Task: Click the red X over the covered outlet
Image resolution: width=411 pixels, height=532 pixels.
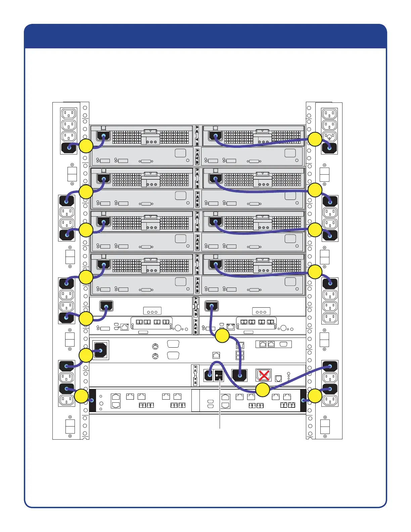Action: [x=264, y=375]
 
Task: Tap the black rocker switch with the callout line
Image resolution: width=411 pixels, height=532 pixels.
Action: [x=219, y=375]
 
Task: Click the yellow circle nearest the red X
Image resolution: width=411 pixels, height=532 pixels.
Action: [x=263, y=390]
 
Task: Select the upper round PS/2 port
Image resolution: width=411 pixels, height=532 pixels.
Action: [x=155, y=346]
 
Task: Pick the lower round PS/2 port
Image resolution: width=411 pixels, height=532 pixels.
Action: [x=155, y=356]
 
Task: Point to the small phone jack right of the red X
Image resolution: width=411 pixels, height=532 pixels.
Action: [x=278, y=379]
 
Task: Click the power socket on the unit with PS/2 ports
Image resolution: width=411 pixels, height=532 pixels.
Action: [x=101, y=350]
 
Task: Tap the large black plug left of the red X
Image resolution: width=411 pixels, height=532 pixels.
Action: [x=239, y=375]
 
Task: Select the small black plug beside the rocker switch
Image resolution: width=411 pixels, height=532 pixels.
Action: [x=209, y=375]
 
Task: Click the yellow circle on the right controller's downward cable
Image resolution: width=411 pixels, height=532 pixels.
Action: [x=222, y=336]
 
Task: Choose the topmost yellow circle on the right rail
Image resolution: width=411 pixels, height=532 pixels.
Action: [x=315, y=139]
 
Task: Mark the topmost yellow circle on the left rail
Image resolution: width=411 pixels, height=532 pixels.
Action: [x=86, y=146]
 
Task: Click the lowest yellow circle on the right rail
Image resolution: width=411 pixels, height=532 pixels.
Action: [x=315, y=396]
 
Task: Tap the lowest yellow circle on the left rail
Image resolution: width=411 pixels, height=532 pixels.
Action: [x=81, y=396]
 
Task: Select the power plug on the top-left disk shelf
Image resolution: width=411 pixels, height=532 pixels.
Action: [x=103, y=136]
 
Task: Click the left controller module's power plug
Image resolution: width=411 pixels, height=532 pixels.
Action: [x=106, y=306]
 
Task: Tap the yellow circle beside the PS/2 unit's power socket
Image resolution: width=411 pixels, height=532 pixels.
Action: [x=86, y=355]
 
